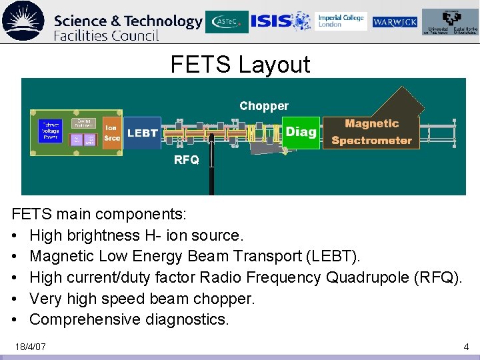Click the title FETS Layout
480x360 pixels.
click(240, 65)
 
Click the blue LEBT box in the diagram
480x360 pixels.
click(142, 133)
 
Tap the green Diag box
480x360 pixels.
click(301, 131)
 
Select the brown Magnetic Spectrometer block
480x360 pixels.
click(371, 131)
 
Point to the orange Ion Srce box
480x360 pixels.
click(112, 133)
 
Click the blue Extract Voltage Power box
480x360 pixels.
click(51, 131)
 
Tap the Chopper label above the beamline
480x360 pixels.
click(264, 106)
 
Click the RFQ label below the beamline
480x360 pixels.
click(186, 160)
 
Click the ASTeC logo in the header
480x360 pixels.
click(227, 22)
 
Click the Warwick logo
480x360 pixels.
click(395, 22)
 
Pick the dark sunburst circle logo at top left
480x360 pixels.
click(23, 21)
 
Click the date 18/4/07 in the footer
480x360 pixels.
click(31, 347)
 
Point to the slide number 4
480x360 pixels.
click(466, 347)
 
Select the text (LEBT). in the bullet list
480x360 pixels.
click(335, 256)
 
